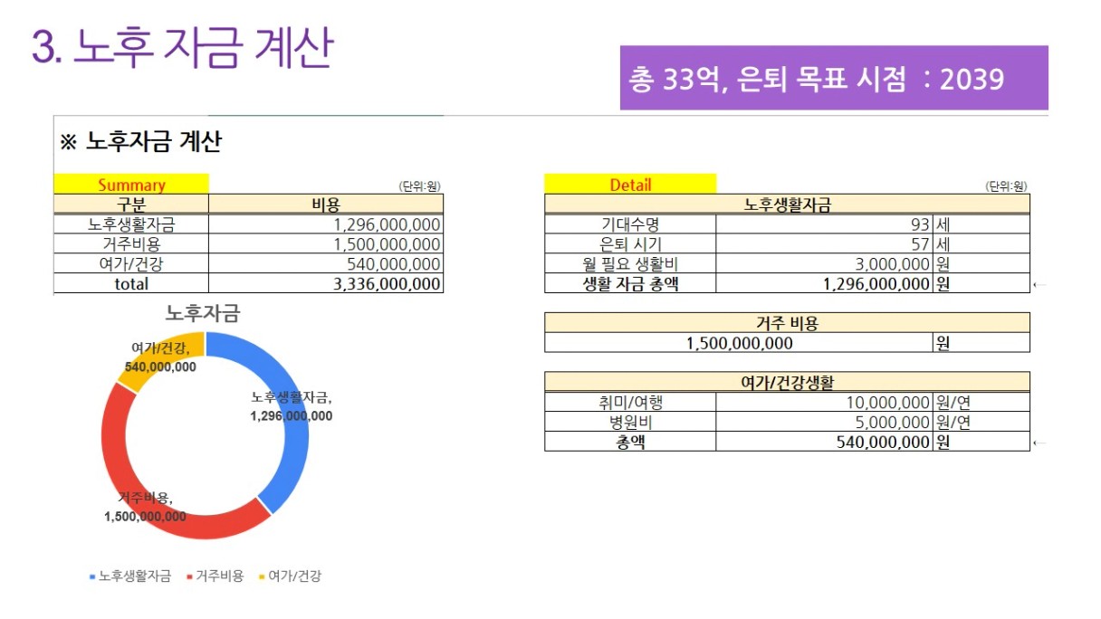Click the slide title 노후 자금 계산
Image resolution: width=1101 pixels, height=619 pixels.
[x=182, y=48]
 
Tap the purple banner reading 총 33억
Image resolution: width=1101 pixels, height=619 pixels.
[x=833, y=79]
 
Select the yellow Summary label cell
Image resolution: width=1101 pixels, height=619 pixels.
[x=131, y=185]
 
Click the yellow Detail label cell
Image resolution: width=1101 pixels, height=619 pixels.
[x=630, y=185]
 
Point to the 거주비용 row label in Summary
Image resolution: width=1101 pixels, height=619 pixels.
[x=131, y=244]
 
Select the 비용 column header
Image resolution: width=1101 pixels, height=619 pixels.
[x=326, y=205]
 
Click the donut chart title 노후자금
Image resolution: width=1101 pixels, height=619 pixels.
[x=202, y=314]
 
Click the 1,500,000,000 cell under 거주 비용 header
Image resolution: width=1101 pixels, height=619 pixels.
[x=739, y=343]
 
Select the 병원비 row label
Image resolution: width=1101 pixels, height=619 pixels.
[x=630, y=423]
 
